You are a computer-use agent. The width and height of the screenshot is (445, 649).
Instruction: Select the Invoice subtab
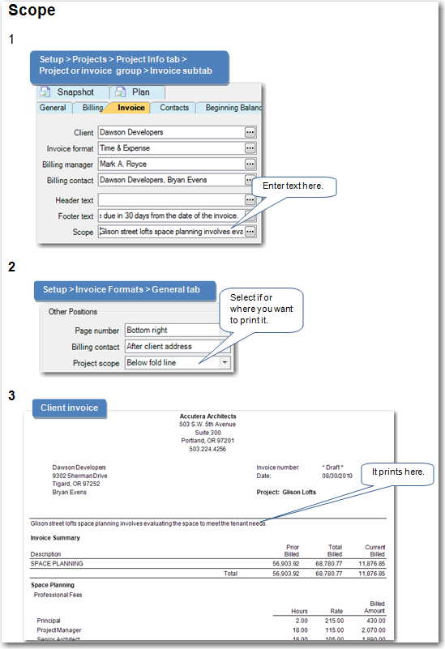click(x=131, y=108)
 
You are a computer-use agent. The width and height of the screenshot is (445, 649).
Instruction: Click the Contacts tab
click(x=174, y=108)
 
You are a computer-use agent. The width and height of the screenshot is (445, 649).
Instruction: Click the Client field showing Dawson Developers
click(x=169, y=132)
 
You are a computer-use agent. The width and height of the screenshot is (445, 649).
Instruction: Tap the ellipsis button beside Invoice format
click(x=250, y=148)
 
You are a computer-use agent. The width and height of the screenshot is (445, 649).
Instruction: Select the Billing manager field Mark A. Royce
click(x=169, y=164)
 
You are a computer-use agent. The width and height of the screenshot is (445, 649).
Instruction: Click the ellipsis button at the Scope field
click(x=250, y=231)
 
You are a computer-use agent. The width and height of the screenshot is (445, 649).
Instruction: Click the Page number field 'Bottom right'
click(x=170, y=331)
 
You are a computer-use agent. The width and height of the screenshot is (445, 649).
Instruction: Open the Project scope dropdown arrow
click(x=225, y=363)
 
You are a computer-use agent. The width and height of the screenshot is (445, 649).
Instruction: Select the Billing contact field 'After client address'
click(x=170, y=347)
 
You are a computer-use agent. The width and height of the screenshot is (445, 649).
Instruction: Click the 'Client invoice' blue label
click(x=69, y=408)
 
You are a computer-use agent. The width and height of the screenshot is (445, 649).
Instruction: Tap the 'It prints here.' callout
click(x=403, y=472)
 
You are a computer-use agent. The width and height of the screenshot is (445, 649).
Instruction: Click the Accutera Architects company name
click(x=208, y=416)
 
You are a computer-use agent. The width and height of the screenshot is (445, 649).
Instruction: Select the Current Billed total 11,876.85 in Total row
click(x=368, y=573)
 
